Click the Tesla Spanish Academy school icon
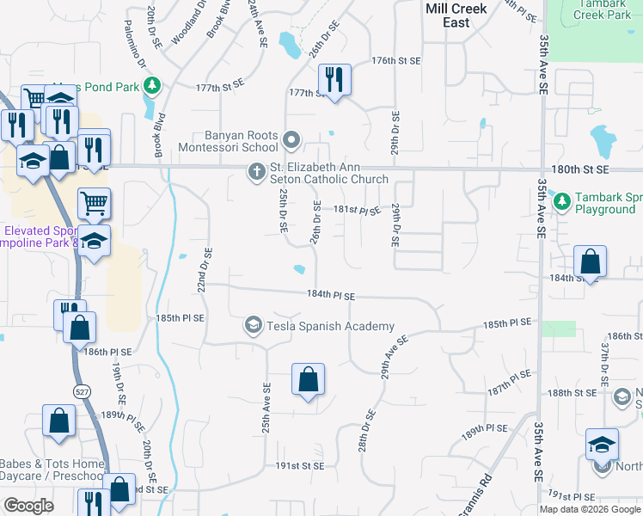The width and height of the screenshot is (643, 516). point(253,325)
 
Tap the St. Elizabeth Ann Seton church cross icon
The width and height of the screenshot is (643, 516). point(255,172)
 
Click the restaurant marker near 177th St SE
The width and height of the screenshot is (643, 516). point(333,80)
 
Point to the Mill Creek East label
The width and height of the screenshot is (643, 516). point(456,15)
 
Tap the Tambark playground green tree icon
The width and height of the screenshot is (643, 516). point(562,202)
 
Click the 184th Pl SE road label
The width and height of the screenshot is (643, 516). point(331,295)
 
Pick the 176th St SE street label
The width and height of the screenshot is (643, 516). point(396,61)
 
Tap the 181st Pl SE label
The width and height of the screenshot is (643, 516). point(357,209)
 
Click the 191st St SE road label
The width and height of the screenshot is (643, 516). point(299,465)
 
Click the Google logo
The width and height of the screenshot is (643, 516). point(29,506)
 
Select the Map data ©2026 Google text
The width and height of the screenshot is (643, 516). point(590,509)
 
